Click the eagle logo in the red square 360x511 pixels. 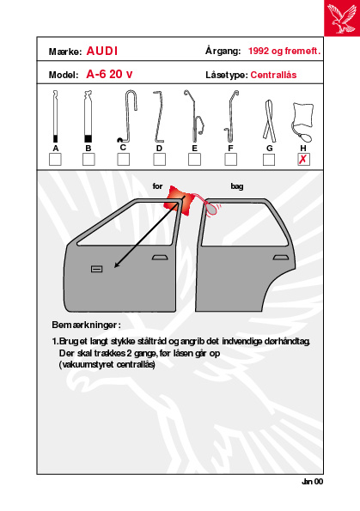pos(342,18)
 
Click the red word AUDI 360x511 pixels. pos(102,52)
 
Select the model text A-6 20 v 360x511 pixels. pos(109,75)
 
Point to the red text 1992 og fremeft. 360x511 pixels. pos(284,52)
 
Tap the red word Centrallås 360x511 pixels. pos(273,75)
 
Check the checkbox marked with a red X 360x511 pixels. pos(303,160)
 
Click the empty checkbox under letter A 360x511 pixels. pos(55,160)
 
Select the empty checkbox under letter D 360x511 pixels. pos(159,160)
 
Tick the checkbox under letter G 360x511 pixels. pos(269,160)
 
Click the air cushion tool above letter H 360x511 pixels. pos(302,122)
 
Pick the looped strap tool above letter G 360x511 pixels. pos(269,121)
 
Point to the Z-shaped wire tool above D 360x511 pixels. pos(158,117)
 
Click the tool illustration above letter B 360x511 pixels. pos(88,117)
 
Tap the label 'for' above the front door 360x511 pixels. pos(157,186)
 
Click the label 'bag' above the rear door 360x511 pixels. pos(237,186)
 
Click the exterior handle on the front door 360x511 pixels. pos(160,258)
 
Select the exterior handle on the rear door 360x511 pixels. pos(281,258)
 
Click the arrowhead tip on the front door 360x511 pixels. pos(114,268)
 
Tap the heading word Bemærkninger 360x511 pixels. pos(84,325)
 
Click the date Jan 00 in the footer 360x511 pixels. pos(313,482)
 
